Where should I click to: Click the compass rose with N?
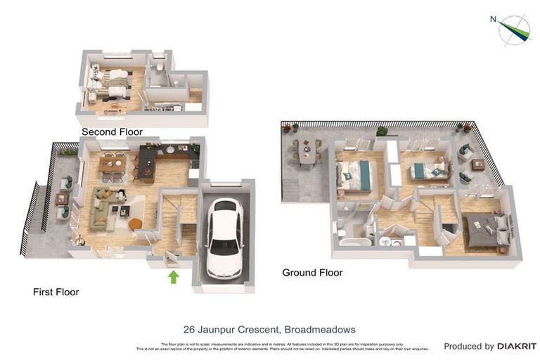(514, 29)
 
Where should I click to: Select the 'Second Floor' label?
(112, 131)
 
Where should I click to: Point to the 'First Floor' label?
(56, 292)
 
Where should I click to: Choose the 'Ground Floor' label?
(312, 272)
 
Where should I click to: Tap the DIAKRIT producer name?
(517, 346)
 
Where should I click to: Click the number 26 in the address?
(188, 329)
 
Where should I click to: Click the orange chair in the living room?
(135, 224)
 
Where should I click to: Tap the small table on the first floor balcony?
(62, 199)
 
